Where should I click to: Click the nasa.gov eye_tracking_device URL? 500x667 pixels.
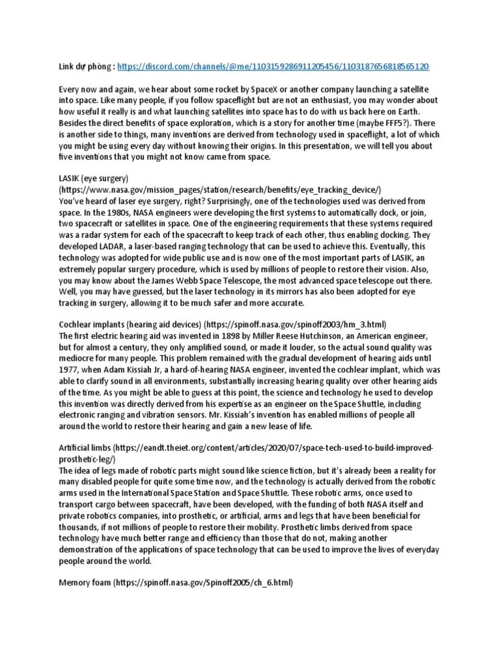(x=222, y=189)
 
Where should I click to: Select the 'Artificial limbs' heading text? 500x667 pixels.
(x=84, y=449)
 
